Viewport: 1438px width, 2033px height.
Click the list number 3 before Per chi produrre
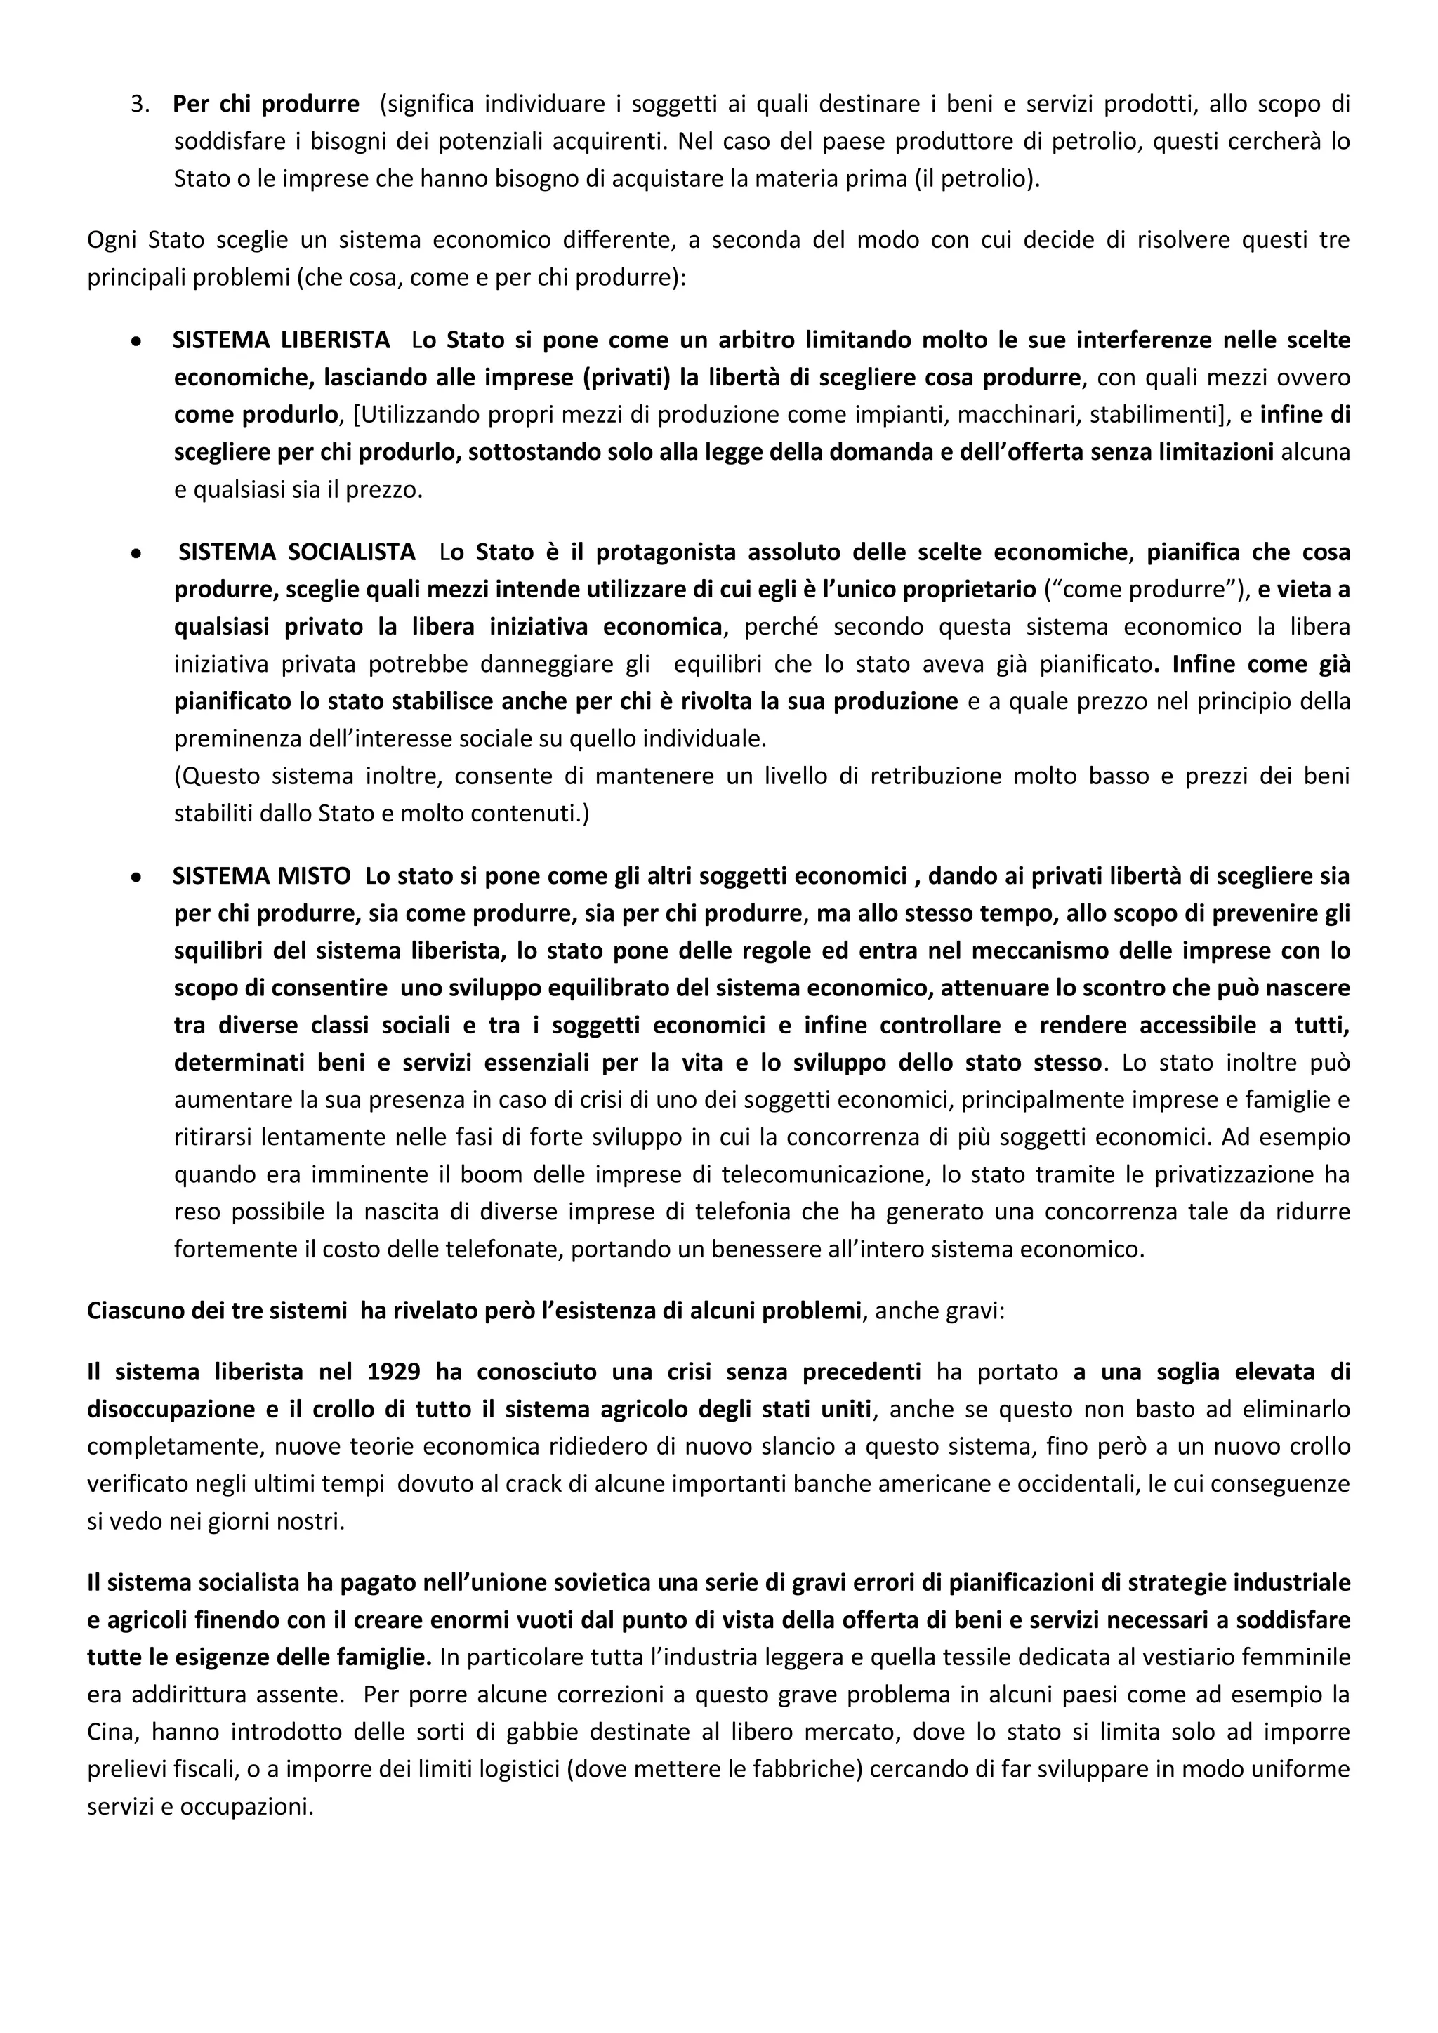coord(139,105)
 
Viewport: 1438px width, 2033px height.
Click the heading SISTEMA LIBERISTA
coord(281,340)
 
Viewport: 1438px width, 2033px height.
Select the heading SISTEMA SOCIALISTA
coord(296,552)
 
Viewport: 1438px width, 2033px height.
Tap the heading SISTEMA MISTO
coord(261,877)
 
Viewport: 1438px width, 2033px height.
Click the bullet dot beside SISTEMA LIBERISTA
coord(136,341)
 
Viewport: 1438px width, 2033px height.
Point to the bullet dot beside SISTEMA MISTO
coord(136,878)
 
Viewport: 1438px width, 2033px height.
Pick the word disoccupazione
coord(162,1410)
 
